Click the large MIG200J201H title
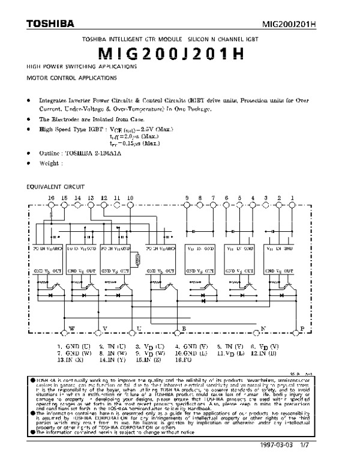coord(179,52)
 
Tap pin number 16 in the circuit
coord(51,198)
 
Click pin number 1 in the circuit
coord(292,198)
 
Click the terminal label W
coord(72,328)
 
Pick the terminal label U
coord(139,328)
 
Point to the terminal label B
coord(184,328)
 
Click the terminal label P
coord(302,328)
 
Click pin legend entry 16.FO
coord(184,361)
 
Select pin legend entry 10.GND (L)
coord(191,354)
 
